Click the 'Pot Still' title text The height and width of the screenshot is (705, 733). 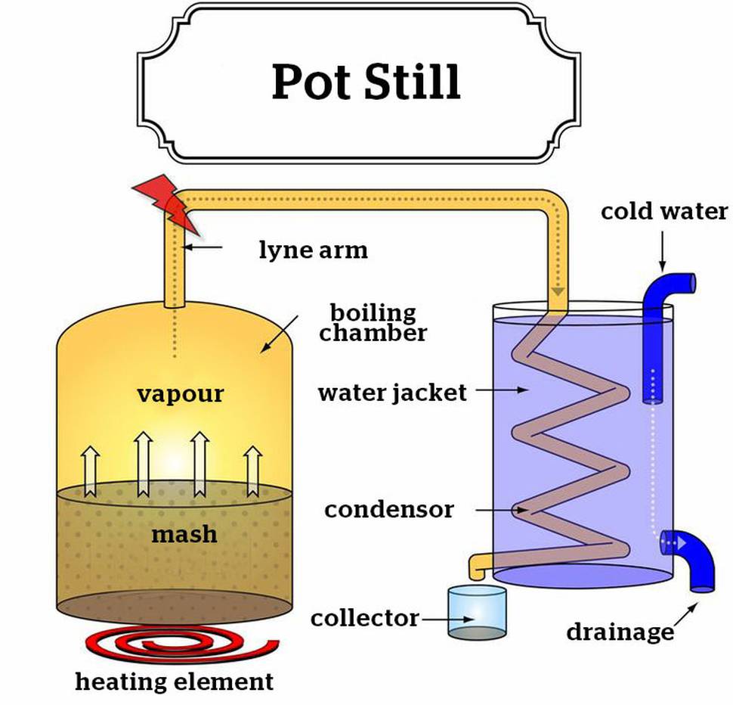(366, 82)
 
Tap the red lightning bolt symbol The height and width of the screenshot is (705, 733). (166, 204)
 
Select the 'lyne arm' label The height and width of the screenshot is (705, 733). (313, 250)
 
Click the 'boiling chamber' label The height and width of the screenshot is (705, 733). (373, 322)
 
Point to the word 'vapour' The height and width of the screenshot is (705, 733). (181, 394)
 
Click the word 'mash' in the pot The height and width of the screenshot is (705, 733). (184, 534)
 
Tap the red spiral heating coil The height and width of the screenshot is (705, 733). (182, 644)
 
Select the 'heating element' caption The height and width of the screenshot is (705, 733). (175, 681)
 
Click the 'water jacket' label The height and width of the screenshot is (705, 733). (392, 393)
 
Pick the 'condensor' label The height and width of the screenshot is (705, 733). (389, 509)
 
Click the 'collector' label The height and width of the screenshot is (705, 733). (365, 618)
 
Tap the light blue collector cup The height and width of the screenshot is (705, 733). (478, 613)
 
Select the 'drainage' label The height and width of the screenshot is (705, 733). (620, 633)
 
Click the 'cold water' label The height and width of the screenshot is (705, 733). (664, 211)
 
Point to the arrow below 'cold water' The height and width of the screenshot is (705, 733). (663, 251)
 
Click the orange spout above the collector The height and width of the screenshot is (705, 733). (478, 566)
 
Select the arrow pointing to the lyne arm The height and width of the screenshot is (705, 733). (203, 247)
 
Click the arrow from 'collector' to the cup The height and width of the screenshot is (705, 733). (448, 619)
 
